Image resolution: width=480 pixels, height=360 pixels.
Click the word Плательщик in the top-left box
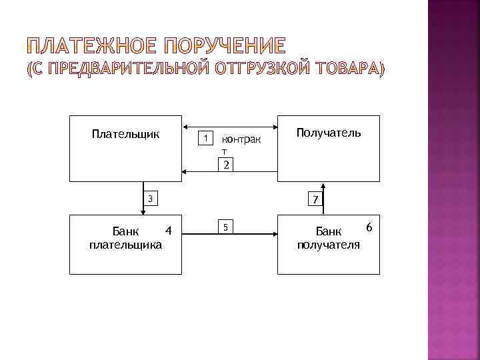tap(125, 134)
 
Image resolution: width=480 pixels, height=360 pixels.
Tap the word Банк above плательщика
tap(125, 231)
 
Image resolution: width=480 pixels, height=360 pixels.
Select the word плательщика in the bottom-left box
tap(125, 245)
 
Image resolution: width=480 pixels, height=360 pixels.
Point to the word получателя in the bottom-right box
tap(329, 245)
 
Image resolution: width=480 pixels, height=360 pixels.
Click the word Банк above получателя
tap(328, 231)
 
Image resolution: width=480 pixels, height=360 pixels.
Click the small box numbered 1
tap(207, 138)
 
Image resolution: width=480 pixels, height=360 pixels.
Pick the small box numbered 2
tap(226, 165)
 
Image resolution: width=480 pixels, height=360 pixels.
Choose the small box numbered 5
tap(226, 227)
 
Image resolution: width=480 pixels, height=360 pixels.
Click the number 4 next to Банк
tap(168, 231)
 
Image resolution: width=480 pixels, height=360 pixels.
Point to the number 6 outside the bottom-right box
tap(368, 228)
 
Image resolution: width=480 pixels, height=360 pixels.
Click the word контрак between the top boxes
tap(241, 141)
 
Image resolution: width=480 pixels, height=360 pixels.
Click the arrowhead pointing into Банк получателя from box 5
tap(274, 233)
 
